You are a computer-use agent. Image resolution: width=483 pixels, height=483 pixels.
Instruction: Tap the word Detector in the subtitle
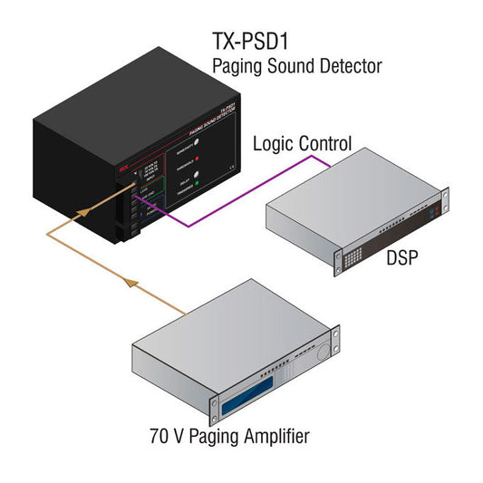349,66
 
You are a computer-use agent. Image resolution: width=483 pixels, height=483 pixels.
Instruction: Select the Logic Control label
302,142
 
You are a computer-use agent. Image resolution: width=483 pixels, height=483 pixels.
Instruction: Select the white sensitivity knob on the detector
197,140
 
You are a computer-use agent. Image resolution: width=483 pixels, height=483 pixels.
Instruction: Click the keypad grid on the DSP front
353,260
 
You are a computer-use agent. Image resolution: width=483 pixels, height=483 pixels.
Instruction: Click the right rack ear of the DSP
444,205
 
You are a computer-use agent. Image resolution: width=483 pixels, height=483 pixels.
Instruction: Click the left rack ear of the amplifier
215,403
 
